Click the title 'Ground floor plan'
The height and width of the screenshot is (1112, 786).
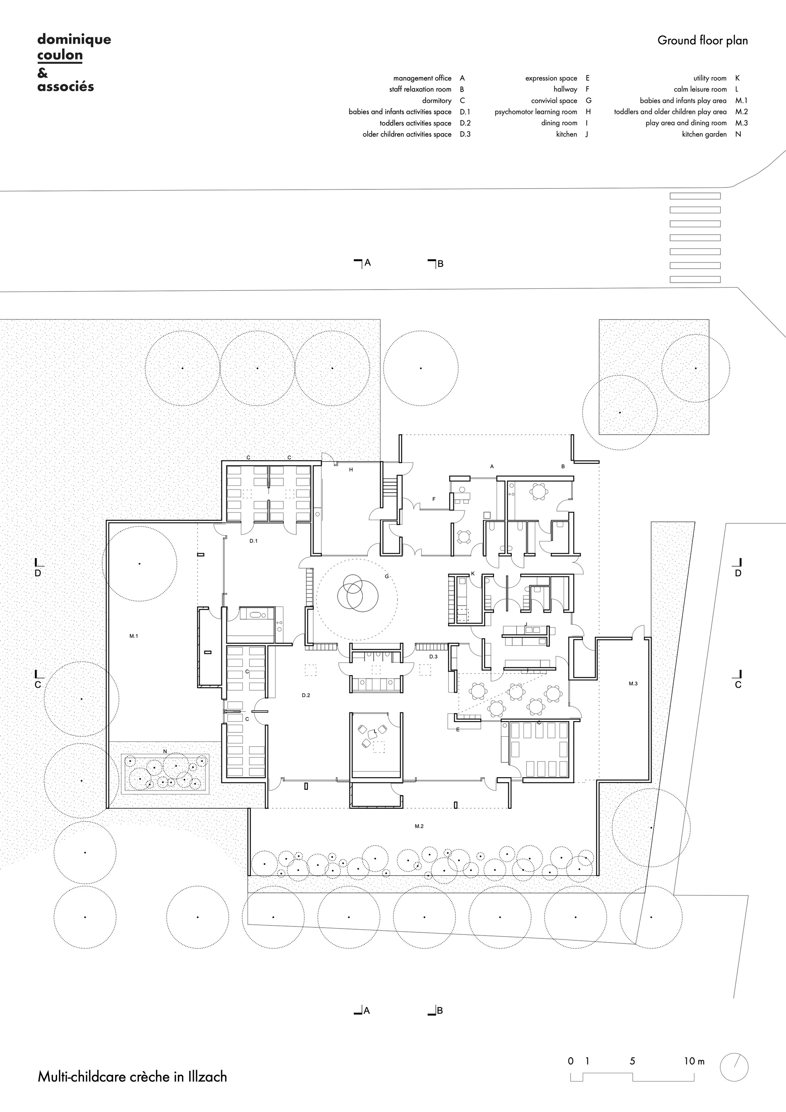pos(702,41)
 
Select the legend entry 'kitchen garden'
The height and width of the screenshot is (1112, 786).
pos(704,134)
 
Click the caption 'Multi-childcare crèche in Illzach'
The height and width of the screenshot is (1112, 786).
pos(132,1077)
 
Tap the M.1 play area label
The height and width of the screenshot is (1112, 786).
pos(134,636)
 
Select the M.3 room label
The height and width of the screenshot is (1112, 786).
pos(633,683)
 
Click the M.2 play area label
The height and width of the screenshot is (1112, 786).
pos(419,826)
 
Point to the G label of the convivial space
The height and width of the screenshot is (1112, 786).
pos(386,576)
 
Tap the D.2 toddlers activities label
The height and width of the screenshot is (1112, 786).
pos(306,695)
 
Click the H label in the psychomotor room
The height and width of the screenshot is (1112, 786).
pos(351,470)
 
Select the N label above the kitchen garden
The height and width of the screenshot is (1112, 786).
pos(165,751)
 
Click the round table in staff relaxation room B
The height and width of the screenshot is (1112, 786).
pos(538,491)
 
